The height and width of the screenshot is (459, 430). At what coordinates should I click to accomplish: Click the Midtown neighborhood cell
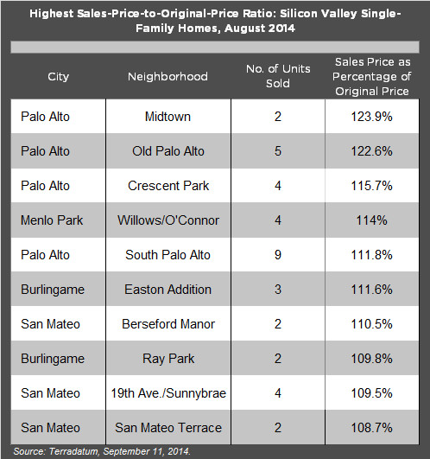tap(168, 117)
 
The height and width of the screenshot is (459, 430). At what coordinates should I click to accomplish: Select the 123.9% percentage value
tap(371, 117)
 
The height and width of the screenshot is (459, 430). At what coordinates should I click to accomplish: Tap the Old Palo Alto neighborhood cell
tap(168, 151)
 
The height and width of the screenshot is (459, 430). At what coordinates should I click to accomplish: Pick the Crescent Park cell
tap(168, 186)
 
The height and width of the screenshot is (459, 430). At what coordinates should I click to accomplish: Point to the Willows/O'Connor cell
tap(168, 220)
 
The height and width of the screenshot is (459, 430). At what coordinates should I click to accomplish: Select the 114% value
tap(371, 220)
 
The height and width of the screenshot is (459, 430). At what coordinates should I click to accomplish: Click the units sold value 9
tap(278, 255)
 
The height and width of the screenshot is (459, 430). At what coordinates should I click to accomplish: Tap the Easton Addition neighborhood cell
tap(168, 290)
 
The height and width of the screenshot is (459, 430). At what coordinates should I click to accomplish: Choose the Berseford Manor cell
tap(168, 324)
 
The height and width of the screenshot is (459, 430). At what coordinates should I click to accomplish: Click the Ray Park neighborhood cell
tap(168, 359)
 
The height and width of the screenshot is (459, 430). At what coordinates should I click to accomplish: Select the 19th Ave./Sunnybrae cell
tap(168, 393)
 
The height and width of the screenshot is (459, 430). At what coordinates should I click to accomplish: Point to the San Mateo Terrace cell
tap(168, 427)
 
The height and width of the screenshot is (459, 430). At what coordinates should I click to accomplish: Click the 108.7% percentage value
tap(371, 427)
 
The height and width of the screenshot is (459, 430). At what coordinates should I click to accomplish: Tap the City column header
tap(58, 76)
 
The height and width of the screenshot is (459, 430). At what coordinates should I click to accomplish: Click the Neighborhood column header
tap(168, 76)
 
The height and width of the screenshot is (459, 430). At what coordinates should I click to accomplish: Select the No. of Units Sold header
tap(278, 76)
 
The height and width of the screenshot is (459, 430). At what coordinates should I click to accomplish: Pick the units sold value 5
tap(278, 151)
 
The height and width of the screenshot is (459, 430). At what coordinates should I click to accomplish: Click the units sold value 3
tap(278, 290)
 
